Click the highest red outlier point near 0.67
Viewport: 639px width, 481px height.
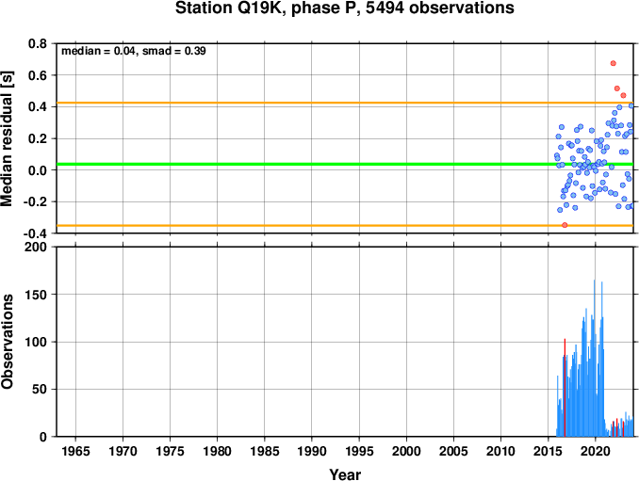coord(613,63)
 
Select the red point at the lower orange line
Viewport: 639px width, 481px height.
coord(565,225)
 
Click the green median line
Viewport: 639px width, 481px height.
coord(345,164)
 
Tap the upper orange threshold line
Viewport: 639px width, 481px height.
coord(345,103)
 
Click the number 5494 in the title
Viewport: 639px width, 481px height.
coord(385,8)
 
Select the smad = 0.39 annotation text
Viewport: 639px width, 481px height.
coord(174,51)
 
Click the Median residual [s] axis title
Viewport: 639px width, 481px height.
coord(7,138)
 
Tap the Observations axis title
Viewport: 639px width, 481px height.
coord(7,342)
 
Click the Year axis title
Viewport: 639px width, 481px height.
coord(345,474)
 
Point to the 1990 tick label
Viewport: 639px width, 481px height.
coord(312,451)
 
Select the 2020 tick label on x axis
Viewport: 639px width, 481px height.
coord(596,451)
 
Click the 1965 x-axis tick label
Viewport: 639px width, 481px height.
coord(75,451)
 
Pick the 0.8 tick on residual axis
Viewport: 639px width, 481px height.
coord(38,43)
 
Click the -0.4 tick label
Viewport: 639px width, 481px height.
coord(35,233)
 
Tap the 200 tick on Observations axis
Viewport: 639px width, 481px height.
coord(36,247)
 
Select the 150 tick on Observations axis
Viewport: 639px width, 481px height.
coord(36,295)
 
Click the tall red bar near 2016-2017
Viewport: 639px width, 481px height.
coord(565,388)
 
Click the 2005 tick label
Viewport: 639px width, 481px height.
coord(453,451)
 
